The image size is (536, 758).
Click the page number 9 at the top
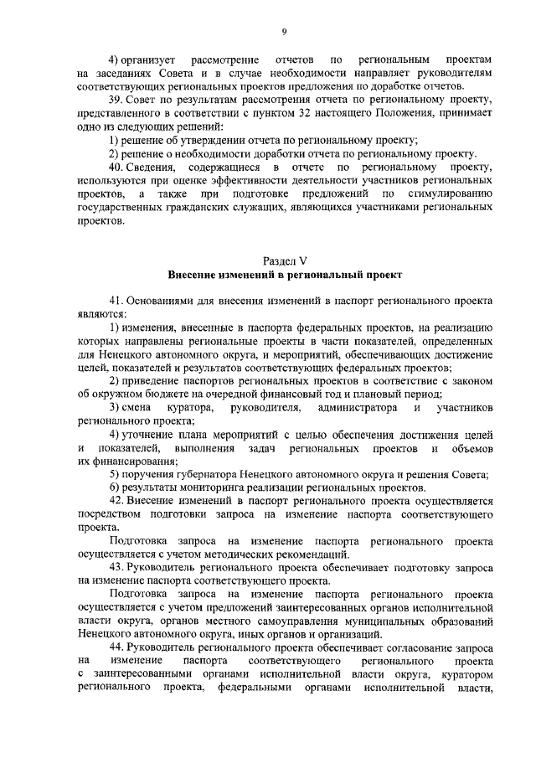pos(284,31)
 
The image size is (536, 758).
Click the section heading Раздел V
pos(285,261)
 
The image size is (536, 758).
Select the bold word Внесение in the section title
pos(194,275)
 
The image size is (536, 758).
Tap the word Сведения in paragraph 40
pos(156,170)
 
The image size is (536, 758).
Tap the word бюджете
pos(170,394)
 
